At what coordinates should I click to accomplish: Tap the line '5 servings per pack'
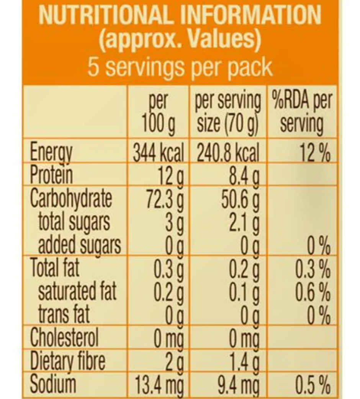180,67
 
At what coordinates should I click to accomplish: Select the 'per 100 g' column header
158,113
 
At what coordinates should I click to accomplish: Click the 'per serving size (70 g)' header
227,113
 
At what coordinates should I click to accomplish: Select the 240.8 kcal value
228,154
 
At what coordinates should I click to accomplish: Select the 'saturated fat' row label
77,292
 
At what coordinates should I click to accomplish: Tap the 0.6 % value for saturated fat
313,292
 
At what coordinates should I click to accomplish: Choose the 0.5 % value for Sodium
313,385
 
